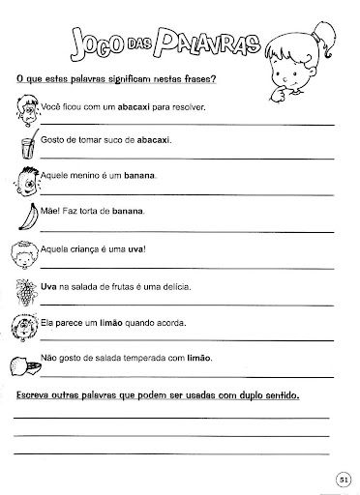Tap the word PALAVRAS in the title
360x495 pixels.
pyautogui.click(x=197, y=44)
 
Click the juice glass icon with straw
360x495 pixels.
pyautogui.click(x=26, y=147)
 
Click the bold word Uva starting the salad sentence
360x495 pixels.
pyautogui.click(x=48, y=287)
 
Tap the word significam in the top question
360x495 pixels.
pyautogui.click(x=111, y=78)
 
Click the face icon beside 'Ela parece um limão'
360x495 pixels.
pyautogui.click(x=26, y=324)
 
